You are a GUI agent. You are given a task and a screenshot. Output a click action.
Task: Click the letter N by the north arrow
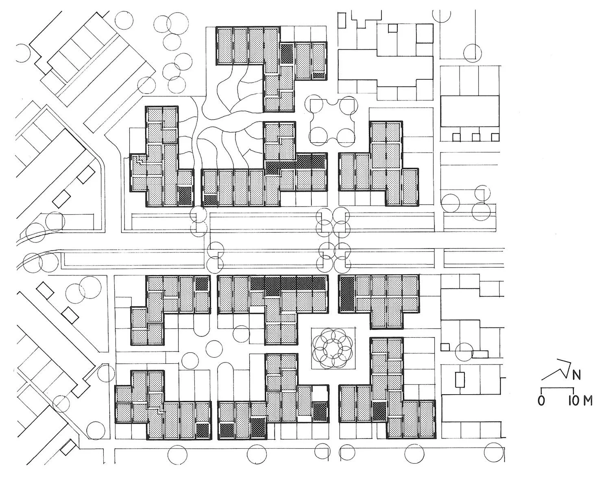(x=577, y=375)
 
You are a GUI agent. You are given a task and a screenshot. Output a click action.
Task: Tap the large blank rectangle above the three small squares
(x=470, y=111)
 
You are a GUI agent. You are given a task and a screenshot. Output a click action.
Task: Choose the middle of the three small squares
(x=476, y=137)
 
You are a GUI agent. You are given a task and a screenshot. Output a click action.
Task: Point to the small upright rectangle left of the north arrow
(x=460, y=379)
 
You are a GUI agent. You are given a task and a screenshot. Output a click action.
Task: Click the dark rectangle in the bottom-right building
(x=379, y=411)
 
